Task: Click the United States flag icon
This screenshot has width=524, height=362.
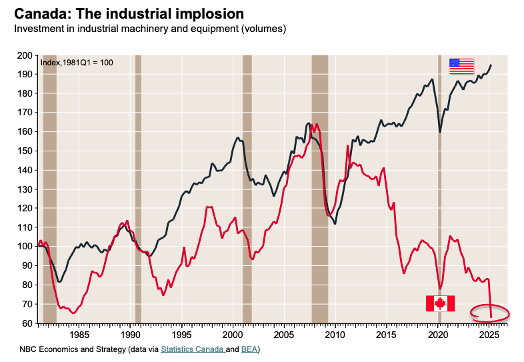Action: click(x=461, y=66)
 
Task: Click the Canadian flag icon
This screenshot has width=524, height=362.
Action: click(x=440, y=303)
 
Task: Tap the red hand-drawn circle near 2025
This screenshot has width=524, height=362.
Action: click(x=490, y=312)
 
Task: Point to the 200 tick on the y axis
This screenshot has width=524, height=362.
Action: click(x=26, y=55)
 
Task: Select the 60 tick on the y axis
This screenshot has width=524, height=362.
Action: click(x=28, y=323)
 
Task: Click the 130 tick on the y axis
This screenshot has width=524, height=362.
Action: click(x=26, y=189)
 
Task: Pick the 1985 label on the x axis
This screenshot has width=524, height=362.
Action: click(x=79, y=334)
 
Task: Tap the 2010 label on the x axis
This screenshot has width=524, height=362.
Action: click(x=335, y=334)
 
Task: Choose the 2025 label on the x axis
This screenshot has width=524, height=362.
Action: click(x=489, y=334)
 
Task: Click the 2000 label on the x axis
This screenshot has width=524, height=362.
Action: click(x=233, y=334)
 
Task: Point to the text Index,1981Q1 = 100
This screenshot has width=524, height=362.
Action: click(x=77, y=63)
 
